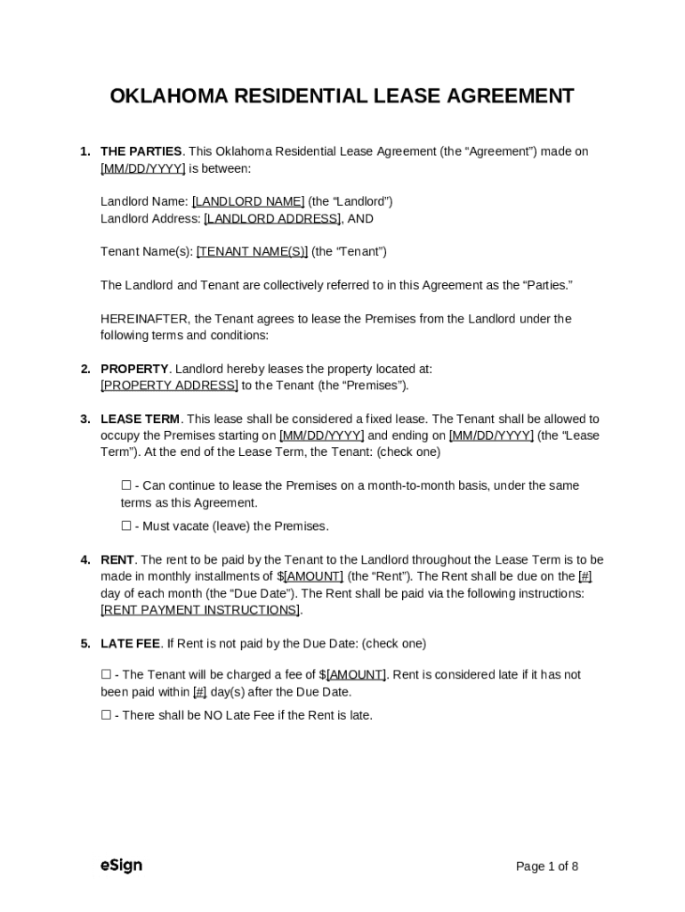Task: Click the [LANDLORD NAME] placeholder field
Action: point(248,201)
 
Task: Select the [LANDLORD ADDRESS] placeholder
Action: point(272,218)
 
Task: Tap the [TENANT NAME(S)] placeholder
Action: point(252,251)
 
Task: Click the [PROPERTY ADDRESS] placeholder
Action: point(169,386)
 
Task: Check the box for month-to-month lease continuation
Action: point(126,485)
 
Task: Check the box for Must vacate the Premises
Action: point(126,526)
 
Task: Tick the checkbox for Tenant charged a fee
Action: point(106,675)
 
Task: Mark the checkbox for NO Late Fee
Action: point(106,715)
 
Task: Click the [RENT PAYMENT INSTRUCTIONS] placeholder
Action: point(200,610)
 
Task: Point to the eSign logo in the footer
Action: point(121,866)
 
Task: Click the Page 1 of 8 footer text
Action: point(547,867)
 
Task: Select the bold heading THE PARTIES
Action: point(141,151)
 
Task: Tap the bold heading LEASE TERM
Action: point(140,419)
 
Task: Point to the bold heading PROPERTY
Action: point(134,369)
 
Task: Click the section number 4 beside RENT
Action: point(85,560)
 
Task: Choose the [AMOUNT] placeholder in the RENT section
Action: point(313,576)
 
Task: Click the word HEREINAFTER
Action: point(144,319)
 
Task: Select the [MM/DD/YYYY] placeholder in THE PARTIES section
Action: point(142,168)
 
